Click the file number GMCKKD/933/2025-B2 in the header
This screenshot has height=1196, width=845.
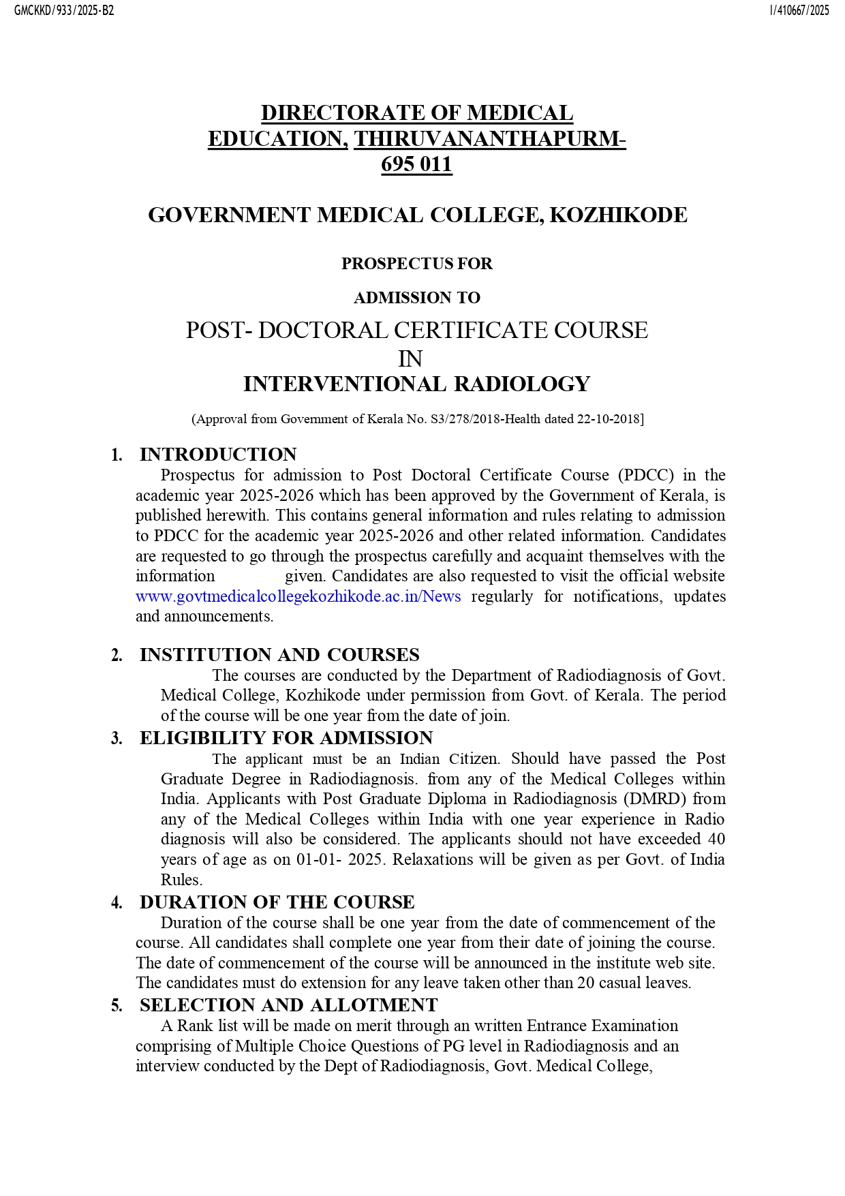[64, 11]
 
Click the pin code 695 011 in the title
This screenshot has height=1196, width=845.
[416, 164]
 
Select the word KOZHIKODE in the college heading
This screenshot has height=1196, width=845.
[618, 215]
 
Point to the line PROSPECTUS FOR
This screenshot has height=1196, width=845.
[416, 264]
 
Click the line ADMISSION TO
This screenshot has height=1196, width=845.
[416, 298]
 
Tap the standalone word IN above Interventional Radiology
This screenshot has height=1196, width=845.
[410, 358]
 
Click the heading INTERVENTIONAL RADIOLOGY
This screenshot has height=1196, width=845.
[416, 384]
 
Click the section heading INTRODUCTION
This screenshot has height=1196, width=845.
[218, 455]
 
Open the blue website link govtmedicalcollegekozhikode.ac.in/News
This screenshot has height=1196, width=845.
[298, 596]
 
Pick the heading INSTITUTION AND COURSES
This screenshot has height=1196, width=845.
[279, 655]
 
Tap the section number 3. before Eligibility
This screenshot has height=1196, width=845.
[117, 739]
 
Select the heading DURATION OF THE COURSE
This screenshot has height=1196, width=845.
[277, 902]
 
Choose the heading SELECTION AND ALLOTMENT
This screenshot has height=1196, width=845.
[288, 1005]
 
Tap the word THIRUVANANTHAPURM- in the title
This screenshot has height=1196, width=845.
[489, 139]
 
